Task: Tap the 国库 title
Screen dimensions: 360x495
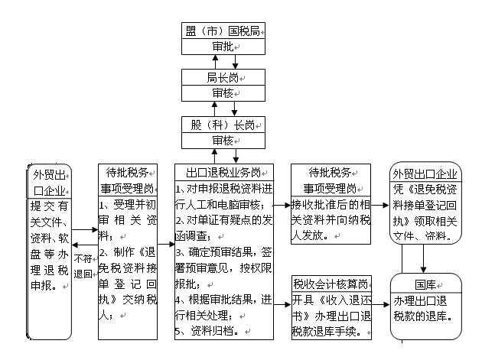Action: (427, 284)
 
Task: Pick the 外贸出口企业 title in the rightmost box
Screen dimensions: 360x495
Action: (427, 172)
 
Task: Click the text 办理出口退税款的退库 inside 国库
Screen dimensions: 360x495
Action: (427, 307)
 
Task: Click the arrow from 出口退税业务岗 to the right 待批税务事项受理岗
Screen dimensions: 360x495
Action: (280, 205)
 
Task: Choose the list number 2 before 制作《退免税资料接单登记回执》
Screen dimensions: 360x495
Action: (103, 252)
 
